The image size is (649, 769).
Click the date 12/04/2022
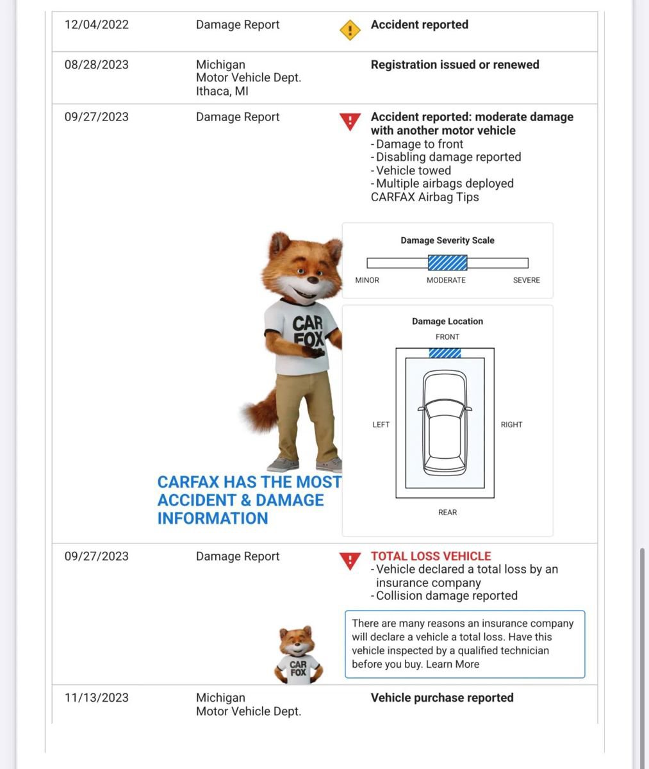[97, 25]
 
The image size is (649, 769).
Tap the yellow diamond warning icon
[350, 29]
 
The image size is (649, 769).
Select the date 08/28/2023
[97, 65]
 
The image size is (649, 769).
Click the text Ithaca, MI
[222, 91]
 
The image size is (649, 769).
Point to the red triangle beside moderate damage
[350, 121]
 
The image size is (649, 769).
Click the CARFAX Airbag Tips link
[425, 197]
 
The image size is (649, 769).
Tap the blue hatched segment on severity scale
[447, 263]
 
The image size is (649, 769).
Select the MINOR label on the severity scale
[367, 280]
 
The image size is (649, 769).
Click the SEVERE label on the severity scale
[526, 280]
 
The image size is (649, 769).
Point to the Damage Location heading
[447, 321]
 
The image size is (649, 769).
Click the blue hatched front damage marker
[445, 353]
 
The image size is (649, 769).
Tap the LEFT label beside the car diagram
[381, 424]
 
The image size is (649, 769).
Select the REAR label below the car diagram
[447, 512]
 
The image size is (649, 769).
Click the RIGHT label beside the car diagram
[511, 424]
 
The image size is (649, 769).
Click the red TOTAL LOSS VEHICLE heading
[431, 556]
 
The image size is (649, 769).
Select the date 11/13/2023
[97, 698]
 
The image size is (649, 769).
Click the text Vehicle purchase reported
[442, 698]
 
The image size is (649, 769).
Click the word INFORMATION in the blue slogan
[213, 518]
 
